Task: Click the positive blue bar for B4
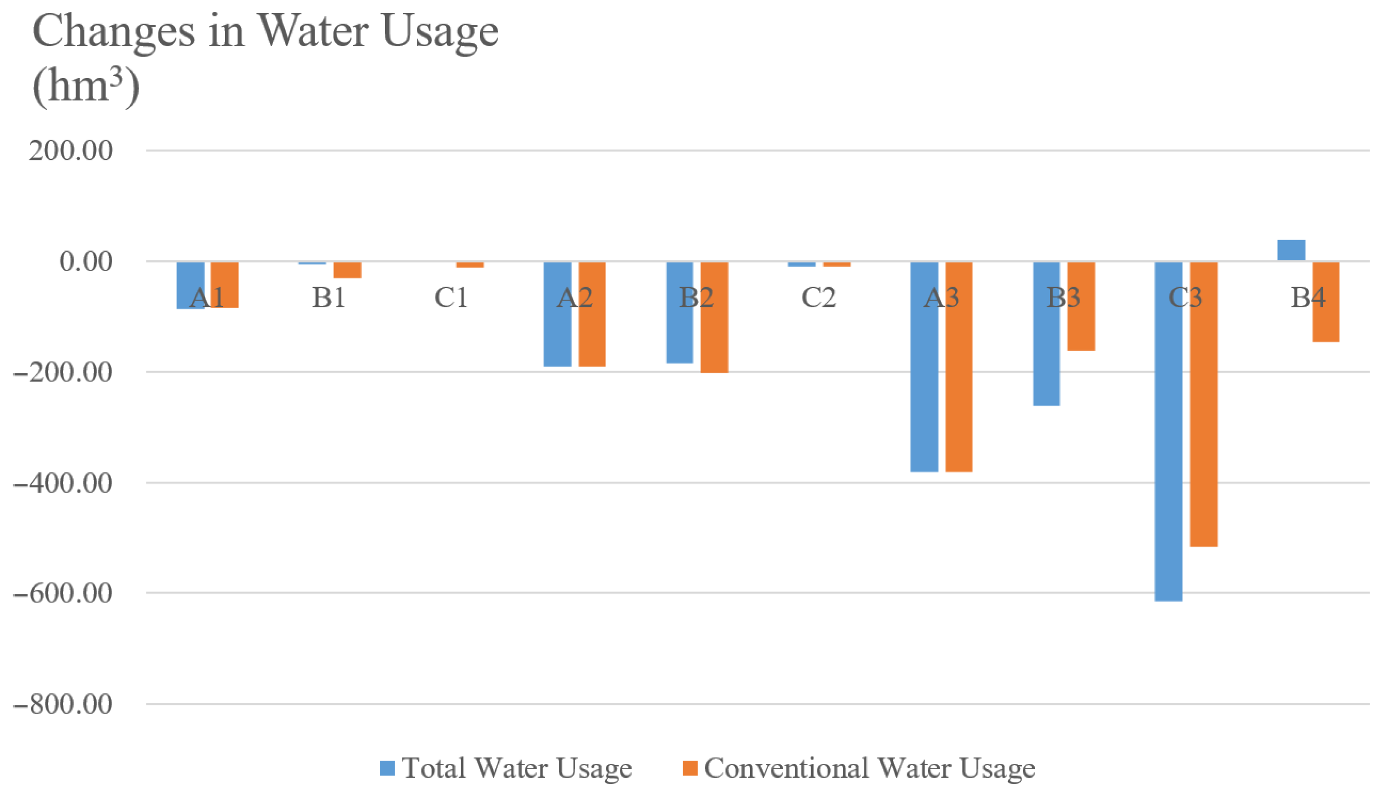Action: [1291, 250]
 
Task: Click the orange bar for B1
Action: [347, 270]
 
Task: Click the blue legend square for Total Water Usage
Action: [387, 768]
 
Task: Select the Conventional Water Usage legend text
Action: [869, 768]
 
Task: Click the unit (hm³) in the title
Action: [86, 87]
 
